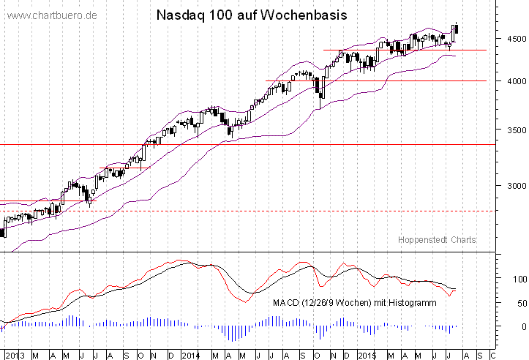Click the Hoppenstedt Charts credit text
click(438, 240)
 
